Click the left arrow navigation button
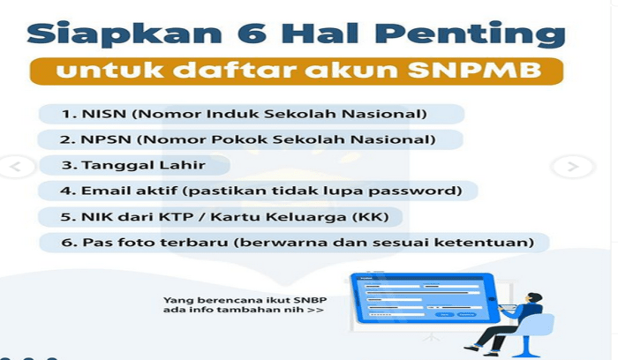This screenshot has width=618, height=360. point(18,166)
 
